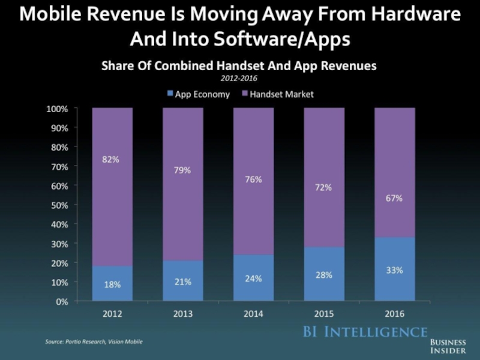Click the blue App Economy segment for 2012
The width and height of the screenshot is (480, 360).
pos(112,284)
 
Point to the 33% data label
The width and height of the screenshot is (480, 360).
pos(394,270)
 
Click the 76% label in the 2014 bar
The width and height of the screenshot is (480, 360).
pos(253,179)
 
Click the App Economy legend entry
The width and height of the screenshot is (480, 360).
pos(197,94)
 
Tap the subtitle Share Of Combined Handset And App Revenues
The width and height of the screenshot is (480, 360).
pos(239,67)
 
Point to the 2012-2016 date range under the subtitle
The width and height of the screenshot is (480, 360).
pos(239,78)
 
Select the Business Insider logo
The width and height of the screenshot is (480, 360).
pos(448,345)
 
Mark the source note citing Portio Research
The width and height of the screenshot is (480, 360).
pos(94,341)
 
